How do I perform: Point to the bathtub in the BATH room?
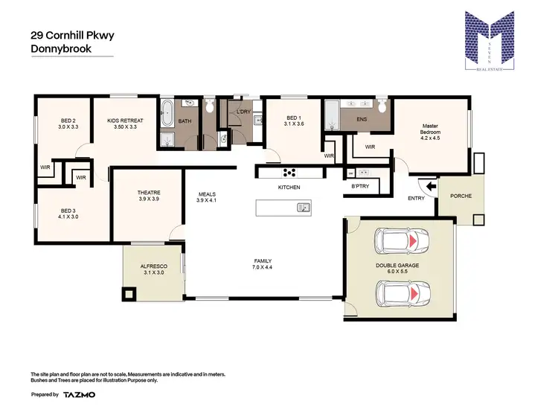[167, 116]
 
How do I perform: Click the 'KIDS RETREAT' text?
[125, 121]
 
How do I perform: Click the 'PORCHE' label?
[461, 196]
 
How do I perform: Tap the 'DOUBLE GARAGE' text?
[397, 266]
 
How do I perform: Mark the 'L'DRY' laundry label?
[244, 112]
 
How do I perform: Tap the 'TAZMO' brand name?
[78, 394]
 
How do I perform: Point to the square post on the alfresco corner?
[130, 295]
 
